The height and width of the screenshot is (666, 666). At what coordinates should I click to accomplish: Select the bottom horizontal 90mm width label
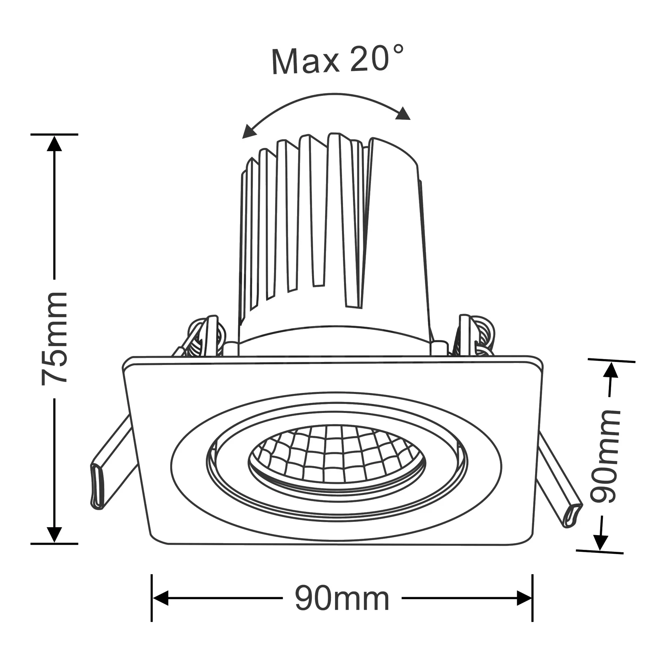pyautogui.click(x=342, y=599)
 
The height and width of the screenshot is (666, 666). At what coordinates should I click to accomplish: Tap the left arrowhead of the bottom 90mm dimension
pyautogui.click(x=161, y=598)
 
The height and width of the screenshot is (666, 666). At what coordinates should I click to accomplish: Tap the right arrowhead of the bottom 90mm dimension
pyautogui.click(x=524, y=598)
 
